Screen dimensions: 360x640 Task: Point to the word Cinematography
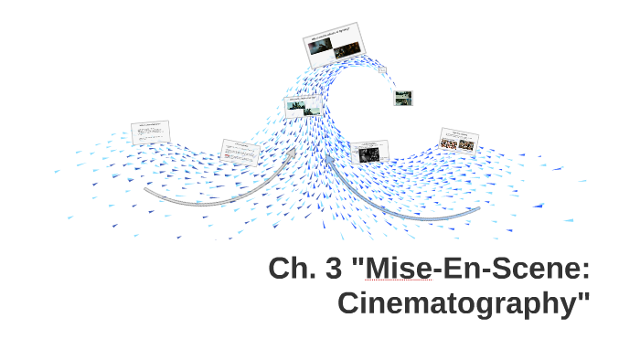(457, 302)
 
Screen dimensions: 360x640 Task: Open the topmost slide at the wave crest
(334, 44)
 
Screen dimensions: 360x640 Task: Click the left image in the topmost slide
(320, 48)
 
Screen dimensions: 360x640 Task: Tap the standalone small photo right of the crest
(402, 98)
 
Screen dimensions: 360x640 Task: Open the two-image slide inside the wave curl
(301, 107)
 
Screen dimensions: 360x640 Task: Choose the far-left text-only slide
(151, 133)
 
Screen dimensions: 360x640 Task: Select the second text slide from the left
(241, 152)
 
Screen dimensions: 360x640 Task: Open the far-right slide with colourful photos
(458, 141)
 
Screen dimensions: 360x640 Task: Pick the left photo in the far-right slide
(449, 143)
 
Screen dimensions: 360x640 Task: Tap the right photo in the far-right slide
(466, 144)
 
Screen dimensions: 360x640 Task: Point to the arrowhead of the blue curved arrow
(329, 161)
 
